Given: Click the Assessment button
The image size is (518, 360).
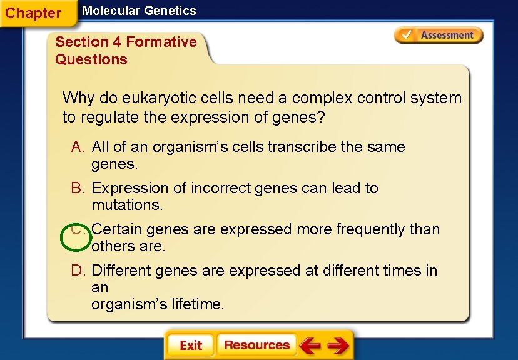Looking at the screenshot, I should click(x=439, y=36).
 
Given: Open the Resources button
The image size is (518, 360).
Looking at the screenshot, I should click(x=256, y=345).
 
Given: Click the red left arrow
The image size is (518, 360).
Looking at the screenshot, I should click(x=310, y=345).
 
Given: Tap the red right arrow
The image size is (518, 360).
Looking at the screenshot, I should click(x=338, y=345).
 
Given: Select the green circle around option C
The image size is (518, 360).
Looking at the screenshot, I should click(x=76, y=238).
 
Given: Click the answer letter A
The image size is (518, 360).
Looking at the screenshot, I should click(x=78, y=147).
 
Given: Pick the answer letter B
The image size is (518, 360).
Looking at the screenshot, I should click(x=78, y=188).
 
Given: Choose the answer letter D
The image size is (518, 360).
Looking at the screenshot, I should click(x=78, y=271).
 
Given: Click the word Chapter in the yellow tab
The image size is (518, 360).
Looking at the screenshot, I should click(x=33, y=13).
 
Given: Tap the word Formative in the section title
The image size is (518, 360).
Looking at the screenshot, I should click(x=161, y=42).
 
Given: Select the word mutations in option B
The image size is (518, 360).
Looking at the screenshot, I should click(x=126, y=205).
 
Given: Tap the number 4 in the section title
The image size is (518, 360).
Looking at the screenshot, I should click(x=117, y=42).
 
